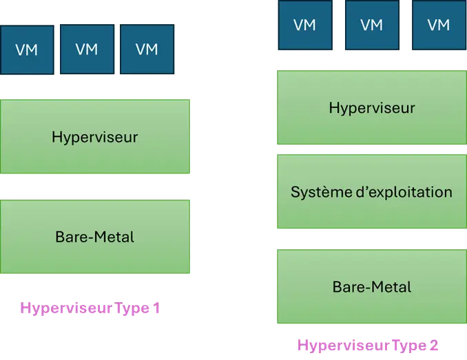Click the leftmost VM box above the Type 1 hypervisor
(27, 49)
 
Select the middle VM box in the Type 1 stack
(87, 49)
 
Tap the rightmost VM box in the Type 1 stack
(147, 49)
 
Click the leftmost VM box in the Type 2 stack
(304, 25)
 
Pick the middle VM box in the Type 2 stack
(371, 25)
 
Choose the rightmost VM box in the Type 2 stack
(438, 25)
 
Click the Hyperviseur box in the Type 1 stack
(95, 137)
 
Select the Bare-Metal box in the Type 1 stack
(95, 237)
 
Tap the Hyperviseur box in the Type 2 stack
(371, 107)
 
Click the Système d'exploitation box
(371, 192)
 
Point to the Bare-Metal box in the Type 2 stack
(371, 286)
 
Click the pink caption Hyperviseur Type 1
(90, 308)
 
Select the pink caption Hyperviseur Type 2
(369, 345)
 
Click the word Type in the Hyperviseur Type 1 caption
(132, 308)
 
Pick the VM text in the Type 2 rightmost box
(438, 25)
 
